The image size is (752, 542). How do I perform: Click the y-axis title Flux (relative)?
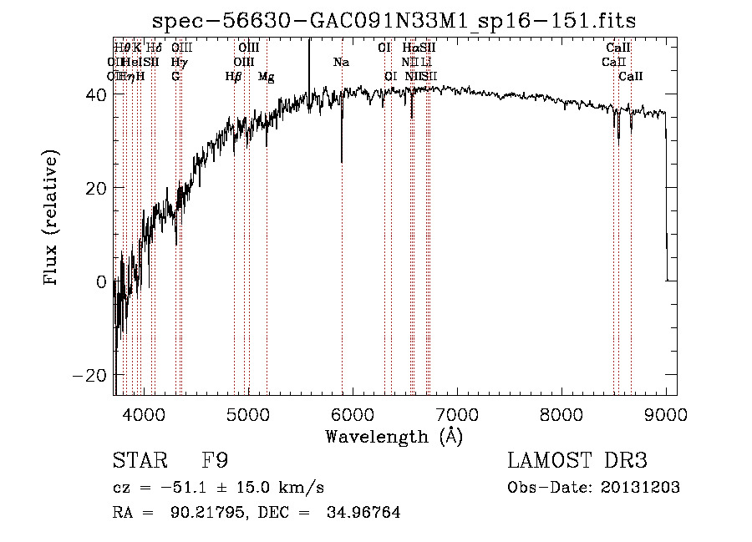pos(52,219)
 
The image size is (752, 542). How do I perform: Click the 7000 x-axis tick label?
pos(457,413)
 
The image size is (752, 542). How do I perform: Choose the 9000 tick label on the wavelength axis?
pos(666,413)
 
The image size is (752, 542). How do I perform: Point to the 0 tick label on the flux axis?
pos(101,282)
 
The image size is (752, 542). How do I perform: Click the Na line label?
pos(341,62)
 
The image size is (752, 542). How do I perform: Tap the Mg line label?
pos(266,77)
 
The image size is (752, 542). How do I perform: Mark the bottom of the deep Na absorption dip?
pos(342,161)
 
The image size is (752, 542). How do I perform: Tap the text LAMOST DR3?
pos(577,461)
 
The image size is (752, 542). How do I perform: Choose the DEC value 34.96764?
pos(367,513)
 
